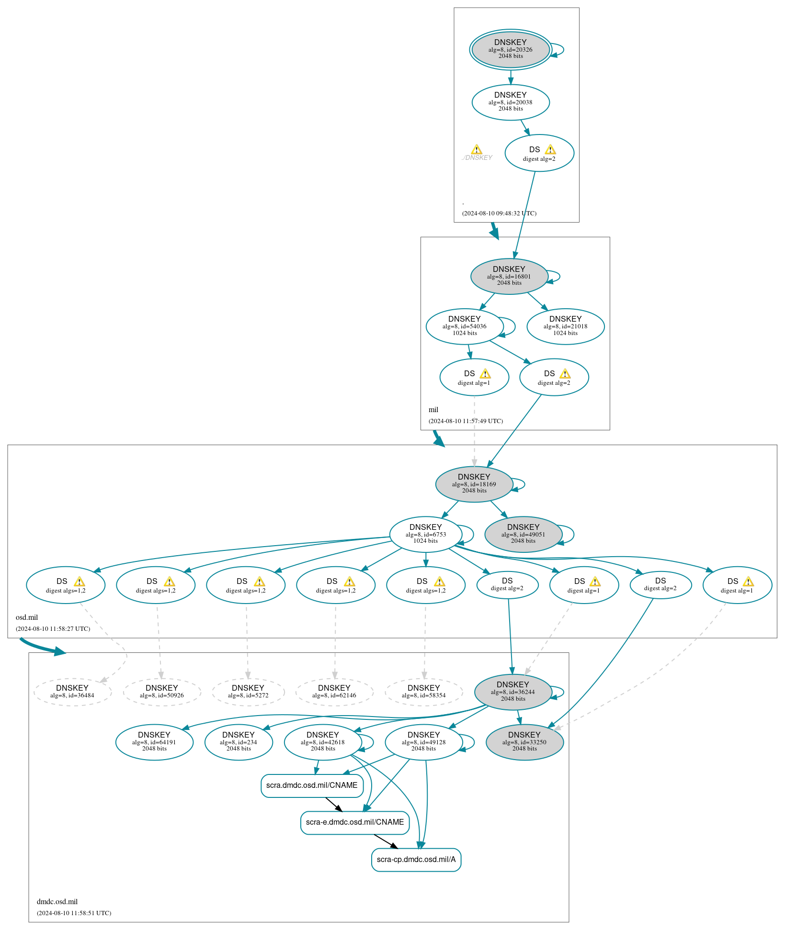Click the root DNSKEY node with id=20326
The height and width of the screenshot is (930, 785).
(x=510, y=49)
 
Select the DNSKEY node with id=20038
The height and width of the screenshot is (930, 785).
(x=510, y=102)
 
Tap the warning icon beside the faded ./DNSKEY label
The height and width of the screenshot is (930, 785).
(x=476, y=149)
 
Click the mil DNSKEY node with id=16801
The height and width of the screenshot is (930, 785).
(x=509, y=276)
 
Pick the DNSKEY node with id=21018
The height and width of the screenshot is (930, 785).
(x=565, y=326)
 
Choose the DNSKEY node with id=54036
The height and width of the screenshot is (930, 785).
(x=464, y=326)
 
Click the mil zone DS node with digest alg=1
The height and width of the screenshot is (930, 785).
(x=474, y=377)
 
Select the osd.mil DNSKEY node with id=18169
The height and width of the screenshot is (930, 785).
(x=474, y=484)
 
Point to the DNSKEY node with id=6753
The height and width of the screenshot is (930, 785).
(x=425, y=534)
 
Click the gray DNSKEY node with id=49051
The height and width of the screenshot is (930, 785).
(x=523, y=534)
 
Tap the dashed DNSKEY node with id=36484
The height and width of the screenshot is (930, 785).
(x=72, y=692)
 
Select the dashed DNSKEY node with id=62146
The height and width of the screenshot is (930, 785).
(x=334, y=692)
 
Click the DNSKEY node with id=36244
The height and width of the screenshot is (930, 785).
(x=512, y=692)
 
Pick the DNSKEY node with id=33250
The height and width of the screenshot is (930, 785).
(x=524, y=742)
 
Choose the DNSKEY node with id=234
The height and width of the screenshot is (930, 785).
(x=238, y=742)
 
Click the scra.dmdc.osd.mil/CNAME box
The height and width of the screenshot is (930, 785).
(x=312, y=785)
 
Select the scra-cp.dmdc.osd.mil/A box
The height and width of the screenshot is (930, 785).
(x=416, y=860)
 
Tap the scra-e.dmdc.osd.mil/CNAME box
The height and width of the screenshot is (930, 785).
(x=354, y=822)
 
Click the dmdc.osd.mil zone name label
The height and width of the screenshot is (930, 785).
(x=57, y=902)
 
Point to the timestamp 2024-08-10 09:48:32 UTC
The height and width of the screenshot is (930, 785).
(x=499, y=213)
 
